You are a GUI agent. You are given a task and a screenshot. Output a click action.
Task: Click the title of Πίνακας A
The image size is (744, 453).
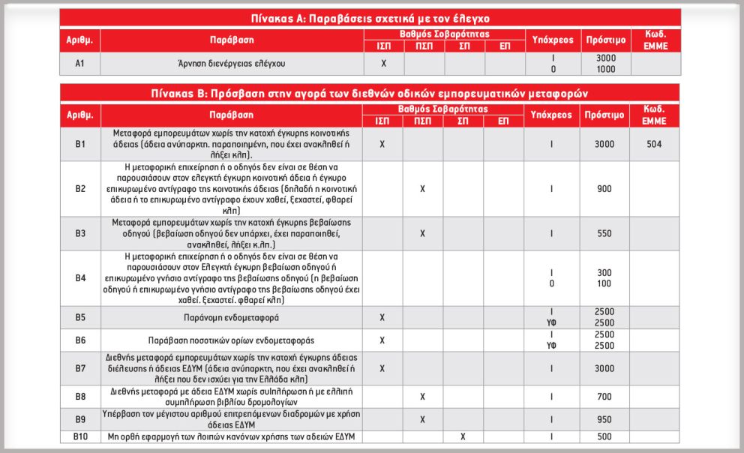tap(371, 18)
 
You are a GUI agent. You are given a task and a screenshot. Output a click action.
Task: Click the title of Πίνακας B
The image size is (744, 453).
tap(371, 93)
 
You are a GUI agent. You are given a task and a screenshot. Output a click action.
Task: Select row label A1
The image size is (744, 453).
tap(80, 64)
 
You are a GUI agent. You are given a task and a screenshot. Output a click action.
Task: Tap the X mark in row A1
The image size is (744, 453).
tap(383, 64)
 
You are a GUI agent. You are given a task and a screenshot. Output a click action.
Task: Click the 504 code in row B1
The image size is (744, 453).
tap(653, 144)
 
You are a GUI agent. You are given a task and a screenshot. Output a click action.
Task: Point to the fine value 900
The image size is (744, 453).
tap(604, 189)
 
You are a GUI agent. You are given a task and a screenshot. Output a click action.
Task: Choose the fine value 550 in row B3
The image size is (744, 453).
tap(604, 233)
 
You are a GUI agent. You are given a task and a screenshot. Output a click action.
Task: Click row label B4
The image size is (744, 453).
tap(80, 277)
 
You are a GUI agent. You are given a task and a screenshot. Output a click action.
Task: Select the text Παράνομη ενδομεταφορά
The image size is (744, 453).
tap(232, 317)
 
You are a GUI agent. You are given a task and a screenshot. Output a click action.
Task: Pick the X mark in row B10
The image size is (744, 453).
tap(463, 436)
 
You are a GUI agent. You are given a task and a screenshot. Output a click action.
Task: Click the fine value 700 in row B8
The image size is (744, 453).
tap(604, 395)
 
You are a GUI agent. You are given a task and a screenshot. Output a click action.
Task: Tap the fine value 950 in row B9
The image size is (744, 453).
tap(604, 419)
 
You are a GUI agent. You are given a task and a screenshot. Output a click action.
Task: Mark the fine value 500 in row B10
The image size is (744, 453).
tap(604, 436)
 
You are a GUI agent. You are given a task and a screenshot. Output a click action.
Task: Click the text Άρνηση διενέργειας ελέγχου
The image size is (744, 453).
tap(232, 64)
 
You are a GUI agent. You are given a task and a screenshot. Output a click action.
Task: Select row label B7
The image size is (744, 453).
tap(80, 368)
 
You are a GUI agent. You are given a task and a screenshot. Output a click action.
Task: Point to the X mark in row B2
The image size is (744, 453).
tap(423, 189)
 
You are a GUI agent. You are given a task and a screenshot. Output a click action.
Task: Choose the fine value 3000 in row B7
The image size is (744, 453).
tap(604, 368)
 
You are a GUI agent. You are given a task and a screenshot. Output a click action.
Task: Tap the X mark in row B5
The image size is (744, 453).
tap(383, 317)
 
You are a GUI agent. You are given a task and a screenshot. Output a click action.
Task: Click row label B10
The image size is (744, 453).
tap(80, 436)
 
